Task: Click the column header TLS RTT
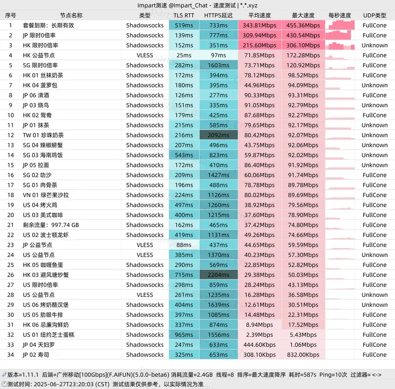[184, 15]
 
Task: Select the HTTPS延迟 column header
[218, 15]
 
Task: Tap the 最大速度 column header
[303, 15]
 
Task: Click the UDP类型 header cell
[374, 15]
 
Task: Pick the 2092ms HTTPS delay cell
[218, 135]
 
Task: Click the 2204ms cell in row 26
[218, 275]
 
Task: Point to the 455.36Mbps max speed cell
[303, 25]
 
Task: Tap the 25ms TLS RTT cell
[184, 55]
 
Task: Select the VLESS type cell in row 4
[145, 55]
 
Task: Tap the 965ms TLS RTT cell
[184, 335]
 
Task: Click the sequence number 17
[11, 185]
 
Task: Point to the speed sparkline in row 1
[340, 25]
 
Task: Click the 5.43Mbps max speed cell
[303, 335]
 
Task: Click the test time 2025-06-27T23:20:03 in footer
[73, 384]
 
